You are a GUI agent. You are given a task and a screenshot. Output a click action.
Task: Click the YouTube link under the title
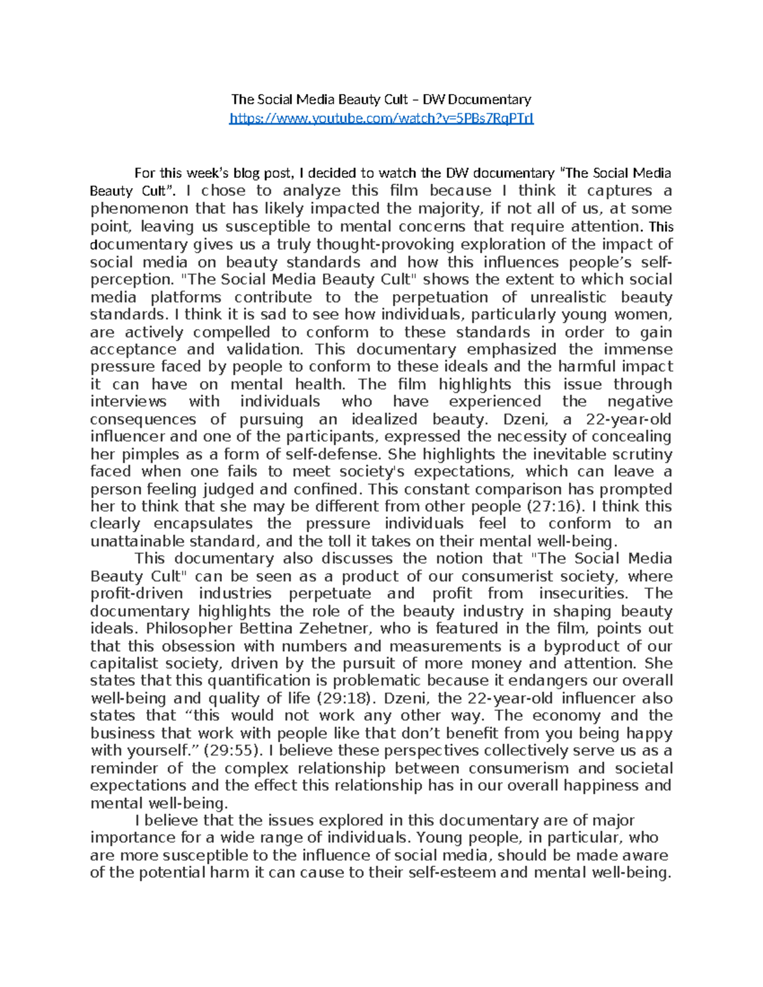381,118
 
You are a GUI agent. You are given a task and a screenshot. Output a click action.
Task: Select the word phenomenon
139,209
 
